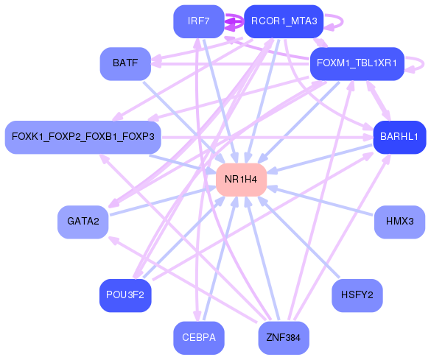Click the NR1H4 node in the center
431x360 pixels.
[241, 180]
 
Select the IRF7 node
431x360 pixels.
[199, 21]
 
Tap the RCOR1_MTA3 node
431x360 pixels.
[284, 21]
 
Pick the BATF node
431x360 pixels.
[125, 64]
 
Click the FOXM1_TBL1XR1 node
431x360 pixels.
[357, 64]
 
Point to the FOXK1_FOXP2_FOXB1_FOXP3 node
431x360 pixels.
[83, 137]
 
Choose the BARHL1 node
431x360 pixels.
[399, 137]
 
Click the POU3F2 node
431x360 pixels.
[125, 295]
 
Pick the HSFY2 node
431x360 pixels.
[357, 295]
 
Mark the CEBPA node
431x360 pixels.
[199, 338]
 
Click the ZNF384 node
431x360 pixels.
[284, 338]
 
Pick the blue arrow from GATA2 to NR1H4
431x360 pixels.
[162, 200]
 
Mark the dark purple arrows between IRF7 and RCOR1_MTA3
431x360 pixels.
[234, 22]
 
